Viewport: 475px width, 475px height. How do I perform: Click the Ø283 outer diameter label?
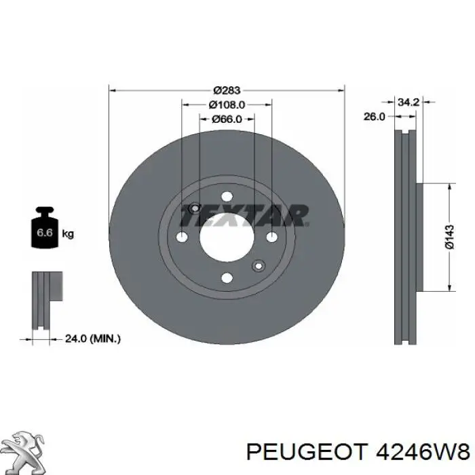pyautogui.click(x=227, y=90)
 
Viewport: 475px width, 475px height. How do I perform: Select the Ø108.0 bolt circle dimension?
pyautogui.click(x=227, y=104)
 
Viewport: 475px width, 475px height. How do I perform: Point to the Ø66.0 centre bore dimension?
pyautogui.click(x=227, y=119)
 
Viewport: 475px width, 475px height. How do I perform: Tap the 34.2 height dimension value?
pyautogui.click(x=407, y=102)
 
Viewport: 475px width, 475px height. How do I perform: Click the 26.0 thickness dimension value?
pyautogui.click(x=375, y=116)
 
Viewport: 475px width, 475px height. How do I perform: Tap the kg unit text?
pyautogui.click(x=68, y=234)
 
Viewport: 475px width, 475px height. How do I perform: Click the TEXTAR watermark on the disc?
pyautogui.click(x=244, y=216)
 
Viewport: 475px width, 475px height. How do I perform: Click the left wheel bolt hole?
pyautogui.click(x=182, y=237)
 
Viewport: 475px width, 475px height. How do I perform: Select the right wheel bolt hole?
pyautogui.click(x=271, y=236)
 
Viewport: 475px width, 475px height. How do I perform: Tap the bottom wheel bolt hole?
pyautogui.click(x=227, y=276)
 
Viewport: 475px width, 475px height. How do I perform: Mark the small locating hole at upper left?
pyautogui.click(x=195, y=208)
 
